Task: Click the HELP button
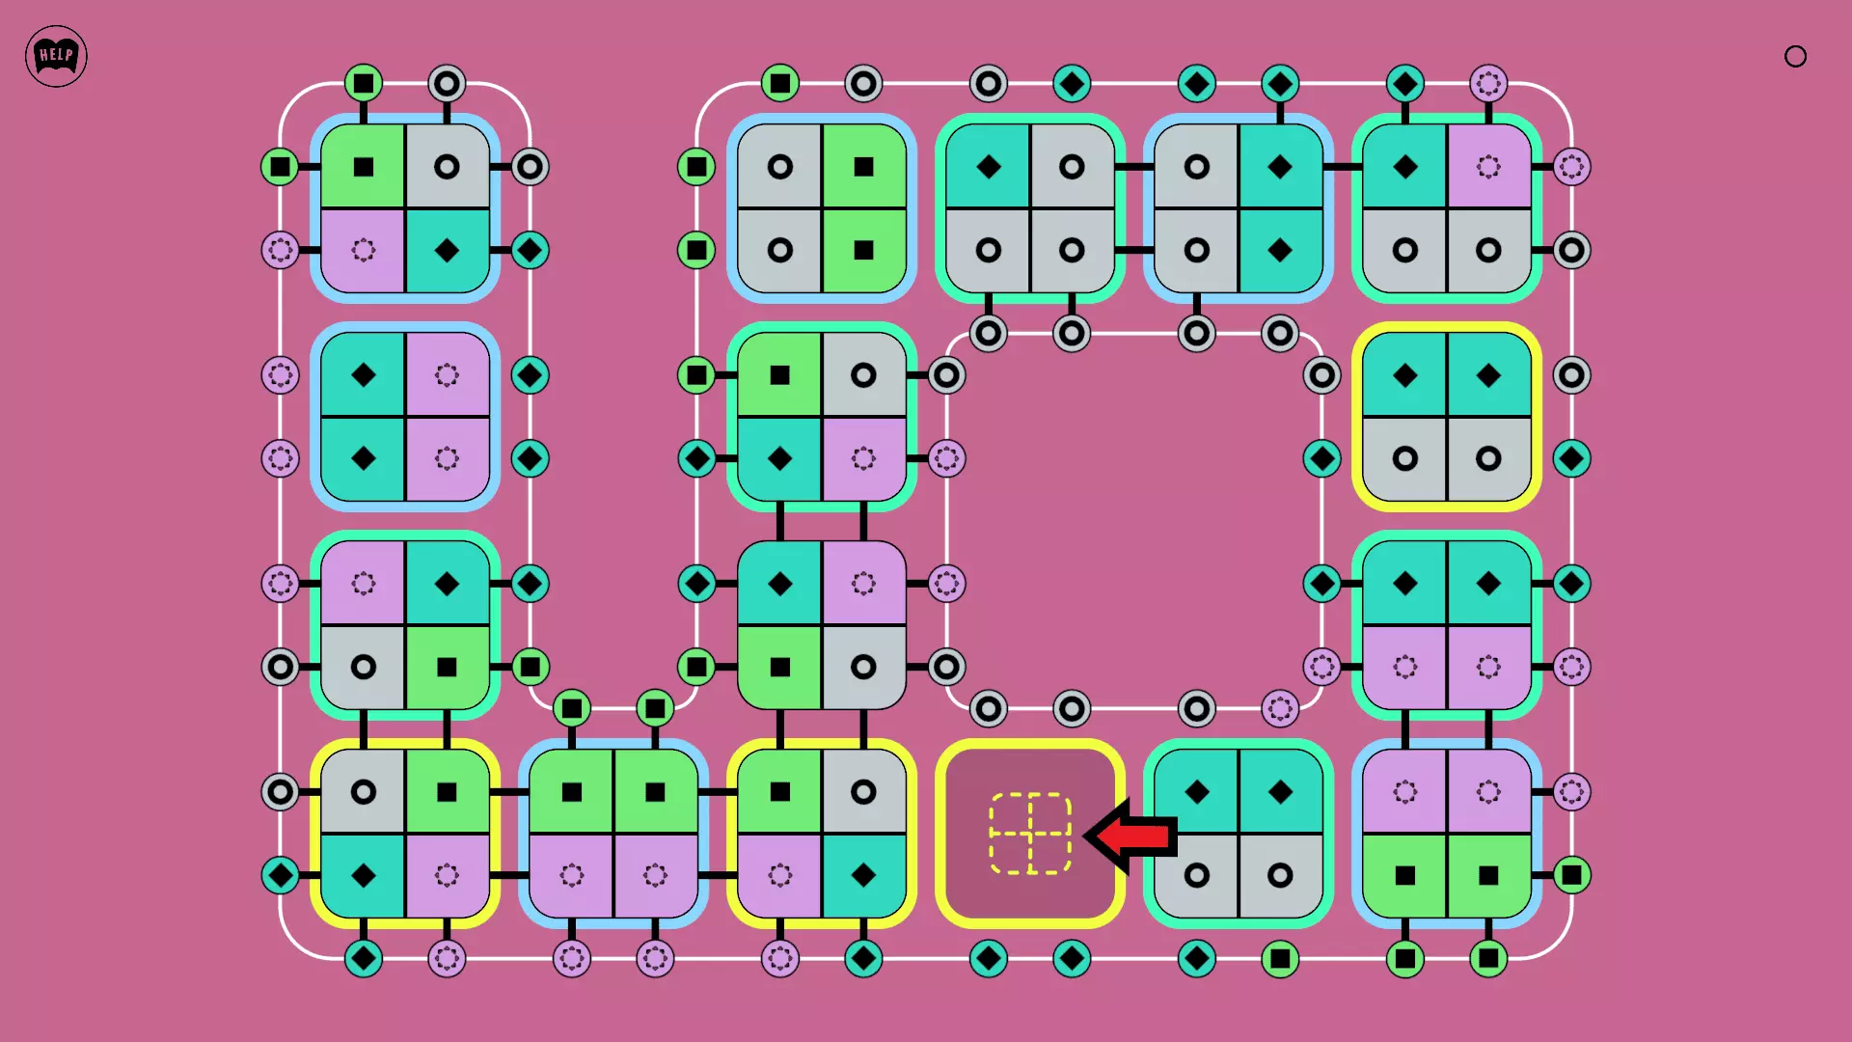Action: tap(56, 56)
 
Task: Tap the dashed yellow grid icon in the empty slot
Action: tap(1030, 834)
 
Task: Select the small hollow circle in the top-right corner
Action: tap(1795, 57)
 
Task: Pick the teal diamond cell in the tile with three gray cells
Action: tap(989, 167)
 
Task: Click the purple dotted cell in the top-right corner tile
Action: tap(1488, 167)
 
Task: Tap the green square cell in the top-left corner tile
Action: tap(364, 167)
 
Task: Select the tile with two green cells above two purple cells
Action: tap(613, 834)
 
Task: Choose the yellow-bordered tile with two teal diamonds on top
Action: tap(1447, 417)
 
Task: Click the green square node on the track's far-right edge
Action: tap(1571, 875)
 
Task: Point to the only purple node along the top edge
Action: tap(1488, 84)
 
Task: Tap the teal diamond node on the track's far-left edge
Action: tap(281, 875)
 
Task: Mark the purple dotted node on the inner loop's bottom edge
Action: tap(1280, 709)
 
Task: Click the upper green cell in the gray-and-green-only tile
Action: tap(863, 167)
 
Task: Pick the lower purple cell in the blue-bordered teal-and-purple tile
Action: tap(447, 458)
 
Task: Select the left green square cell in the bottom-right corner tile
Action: tap(1405, 875)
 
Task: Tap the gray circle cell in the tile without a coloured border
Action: tap(863, 667)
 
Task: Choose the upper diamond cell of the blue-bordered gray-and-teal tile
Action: tap(1280, 167)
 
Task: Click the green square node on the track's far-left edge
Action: tap(281, 167)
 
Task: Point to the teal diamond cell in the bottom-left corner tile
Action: tap(364, 875)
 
